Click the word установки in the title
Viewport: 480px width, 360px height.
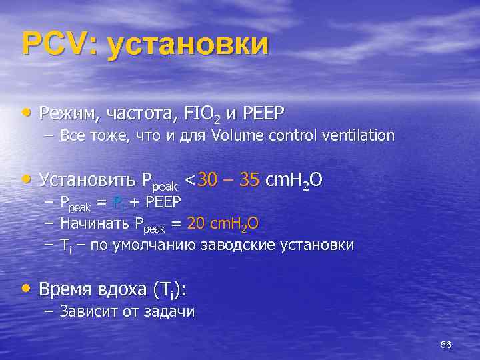click(187, 45)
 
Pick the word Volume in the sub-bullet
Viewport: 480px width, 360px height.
click(239, 135)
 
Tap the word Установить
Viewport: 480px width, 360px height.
click(88, 180)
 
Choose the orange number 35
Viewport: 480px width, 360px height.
click(247, 180)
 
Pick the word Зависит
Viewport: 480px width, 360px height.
click(87, 311)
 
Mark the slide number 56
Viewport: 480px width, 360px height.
click(446, 344)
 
